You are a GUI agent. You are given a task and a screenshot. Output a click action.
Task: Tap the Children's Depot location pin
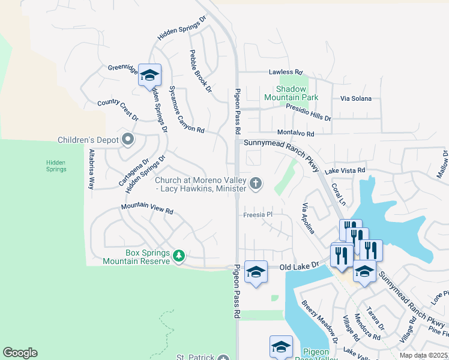pyautogui.click(x=127, y=140)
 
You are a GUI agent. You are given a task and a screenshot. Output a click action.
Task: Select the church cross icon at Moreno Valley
pyautogui.click(x=256, y=183)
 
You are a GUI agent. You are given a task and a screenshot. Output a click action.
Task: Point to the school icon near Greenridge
pyautogui.click(x=149, y=75)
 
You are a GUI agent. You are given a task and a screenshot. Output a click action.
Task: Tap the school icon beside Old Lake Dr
pyautogui.click(x=256, y=272)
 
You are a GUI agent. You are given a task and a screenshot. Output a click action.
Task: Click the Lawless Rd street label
pyautogui.click(x=286, y=72)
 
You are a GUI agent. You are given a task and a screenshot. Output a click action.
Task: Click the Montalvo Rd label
pyautogui.click(x=296, y=133)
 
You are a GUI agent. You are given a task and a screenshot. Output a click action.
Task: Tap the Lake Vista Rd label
pyautogui.click(x=345, y=171)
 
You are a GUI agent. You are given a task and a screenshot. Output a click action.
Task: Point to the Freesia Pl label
pyautogui.click(x=258, y=214)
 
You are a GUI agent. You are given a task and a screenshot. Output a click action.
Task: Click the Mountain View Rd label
pyautogui.click(x=147, y=208)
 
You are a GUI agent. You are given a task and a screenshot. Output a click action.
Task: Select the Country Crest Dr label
pyautogui.click(x=118, y=111)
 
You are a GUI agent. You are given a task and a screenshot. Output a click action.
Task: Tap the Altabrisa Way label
pyautogui.click(x=92, y=169)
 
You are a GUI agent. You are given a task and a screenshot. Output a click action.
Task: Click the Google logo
pyautogui.click(x=20, y=353)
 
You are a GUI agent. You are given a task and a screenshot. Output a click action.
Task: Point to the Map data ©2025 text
pyautogui.click(x=424, y=355)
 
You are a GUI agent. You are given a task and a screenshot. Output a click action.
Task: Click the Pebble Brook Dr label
pyautogui.click(x=200, y=71)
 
